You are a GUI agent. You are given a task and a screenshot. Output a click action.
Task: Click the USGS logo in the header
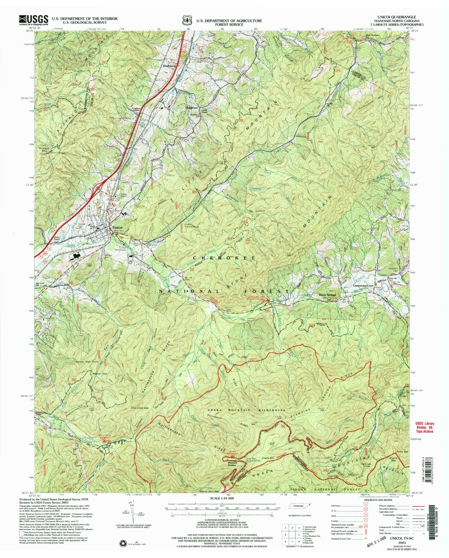coord(34,19)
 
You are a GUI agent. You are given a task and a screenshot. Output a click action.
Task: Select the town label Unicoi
coord(118,228)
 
